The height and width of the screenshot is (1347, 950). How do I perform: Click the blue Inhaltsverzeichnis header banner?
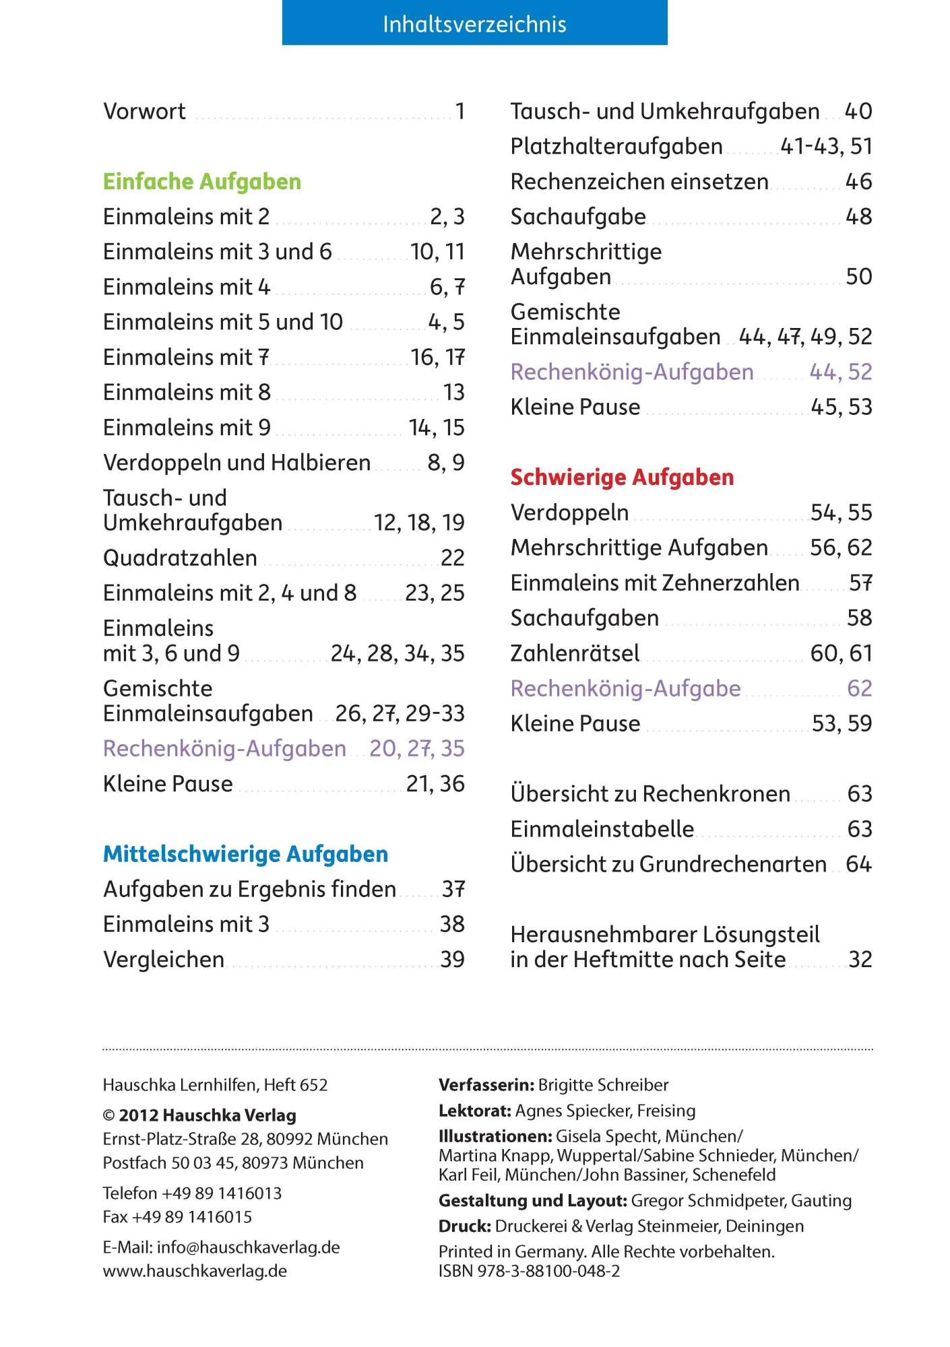click(x=474, y=24)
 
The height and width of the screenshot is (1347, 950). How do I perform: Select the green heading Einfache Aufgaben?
click(x=201, y=182)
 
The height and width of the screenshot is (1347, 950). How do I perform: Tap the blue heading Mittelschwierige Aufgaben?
click(x=245, y=854)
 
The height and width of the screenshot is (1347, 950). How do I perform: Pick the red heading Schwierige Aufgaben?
click(x=622, y=478)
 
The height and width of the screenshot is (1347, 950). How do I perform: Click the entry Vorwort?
click(x=144, y=112)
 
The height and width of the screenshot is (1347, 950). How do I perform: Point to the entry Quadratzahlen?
click(x=180, y=558)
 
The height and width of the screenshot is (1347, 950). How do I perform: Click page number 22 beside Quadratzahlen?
click(x=452, y=558)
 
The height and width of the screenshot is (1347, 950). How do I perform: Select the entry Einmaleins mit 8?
click(x=187, y=393)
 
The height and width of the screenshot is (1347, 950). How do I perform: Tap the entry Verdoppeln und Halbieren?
click(x=236, y=463)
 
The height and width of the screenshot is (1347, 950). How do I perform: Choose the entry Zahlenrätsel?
click(x=575, y=653)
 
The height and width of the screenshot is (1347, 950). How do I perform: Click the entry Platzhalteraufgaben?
click(x=616, y=147)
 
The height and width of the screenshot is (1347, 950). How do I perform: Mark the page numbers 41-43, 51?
click(x=825, y=147)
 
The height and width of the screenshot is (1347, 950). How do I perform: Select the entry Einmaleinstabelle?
click(x=602, y=829)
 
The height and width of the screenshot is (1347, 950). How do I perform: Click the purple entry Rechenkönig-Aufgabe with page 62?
click(x=625, y=688)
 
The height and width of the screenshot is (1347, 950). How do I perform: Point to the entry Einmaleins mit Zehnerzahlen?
click(x=654, y=583)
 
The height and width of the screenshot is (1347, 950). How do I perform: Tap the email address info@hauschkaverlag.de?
click(x=248, y=1247)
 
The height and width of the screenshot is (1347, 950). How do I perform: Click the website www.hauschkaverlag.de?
click(x=195, y=1271)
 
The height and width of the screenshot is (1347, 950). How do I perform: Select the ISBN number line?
click(x=529, y=1271)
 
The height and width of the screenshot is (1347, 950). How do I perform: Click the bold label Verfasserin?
click(x=486, y=1085)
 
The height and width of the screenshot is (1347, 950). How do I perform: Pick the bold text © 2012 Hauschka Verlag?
click(x=199, y=1115)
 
